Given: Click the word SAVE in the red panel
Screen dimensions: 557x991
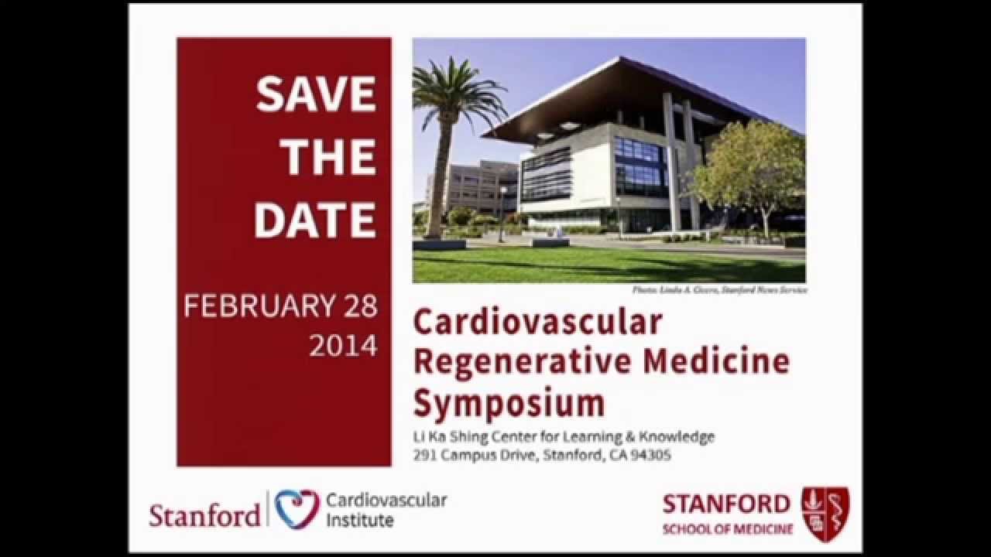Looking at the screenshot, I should click(316, 95).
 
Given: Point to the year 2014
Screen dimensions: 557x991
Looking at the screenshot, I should click(343, 345).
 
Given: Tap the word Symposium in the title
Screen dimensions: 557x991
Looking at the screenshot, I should click(509, 403).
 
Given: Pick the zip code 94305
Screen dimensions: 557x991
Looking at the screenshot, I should click(652, 456).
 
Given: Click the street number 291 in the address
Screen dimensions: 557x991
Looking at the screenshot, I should click(424, 456).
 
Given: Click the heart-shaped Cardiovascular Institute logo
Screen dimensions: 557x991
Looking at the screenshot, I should click(297, 508).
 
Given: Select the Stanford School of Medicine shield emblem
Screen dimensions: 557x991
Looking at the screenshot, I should click(825, 514).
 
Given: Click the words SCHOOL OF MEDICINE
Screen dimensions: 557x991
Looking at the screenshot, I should click(727, 530).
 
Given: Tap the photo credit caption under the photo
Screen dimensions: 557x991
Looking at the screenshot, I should click(719, 289).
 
